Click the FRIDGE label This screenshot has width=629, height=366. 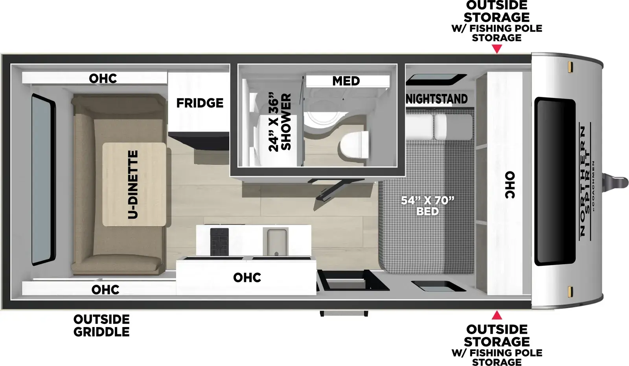[x=200, y=103]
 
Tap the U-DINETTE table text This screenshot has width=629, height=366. [x=133, y=184]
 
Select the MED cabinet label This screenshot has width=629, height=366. [x=346, y=81]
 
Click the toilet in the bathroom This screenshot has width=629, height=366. [x=354, y=145]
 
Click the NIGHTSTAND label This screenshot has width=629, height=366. [x=437, y=99]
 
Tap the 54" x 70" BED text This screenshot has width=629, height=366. [x=428, y=206]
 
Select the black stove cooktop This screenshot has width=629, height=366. [x=219, y=241]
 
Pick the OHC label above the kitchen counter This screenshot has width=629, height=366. [x=247, y=278]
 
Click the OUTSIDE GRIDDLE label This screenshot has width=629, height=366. [x=101, y=326]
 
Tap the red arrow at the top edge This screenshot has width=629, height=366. [x=497, y=49]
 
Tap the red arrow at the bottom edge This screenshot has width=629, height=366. [x=497, y=315]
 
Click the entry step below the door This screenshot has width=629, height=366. [x=344, y=313]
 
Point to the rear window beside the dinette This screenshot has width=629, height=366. [x=43, y=180]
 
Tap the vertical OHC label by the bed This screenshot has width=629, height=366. [x=509, y=185]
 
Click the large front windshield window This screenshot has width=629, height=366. [x=555, y=182]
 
